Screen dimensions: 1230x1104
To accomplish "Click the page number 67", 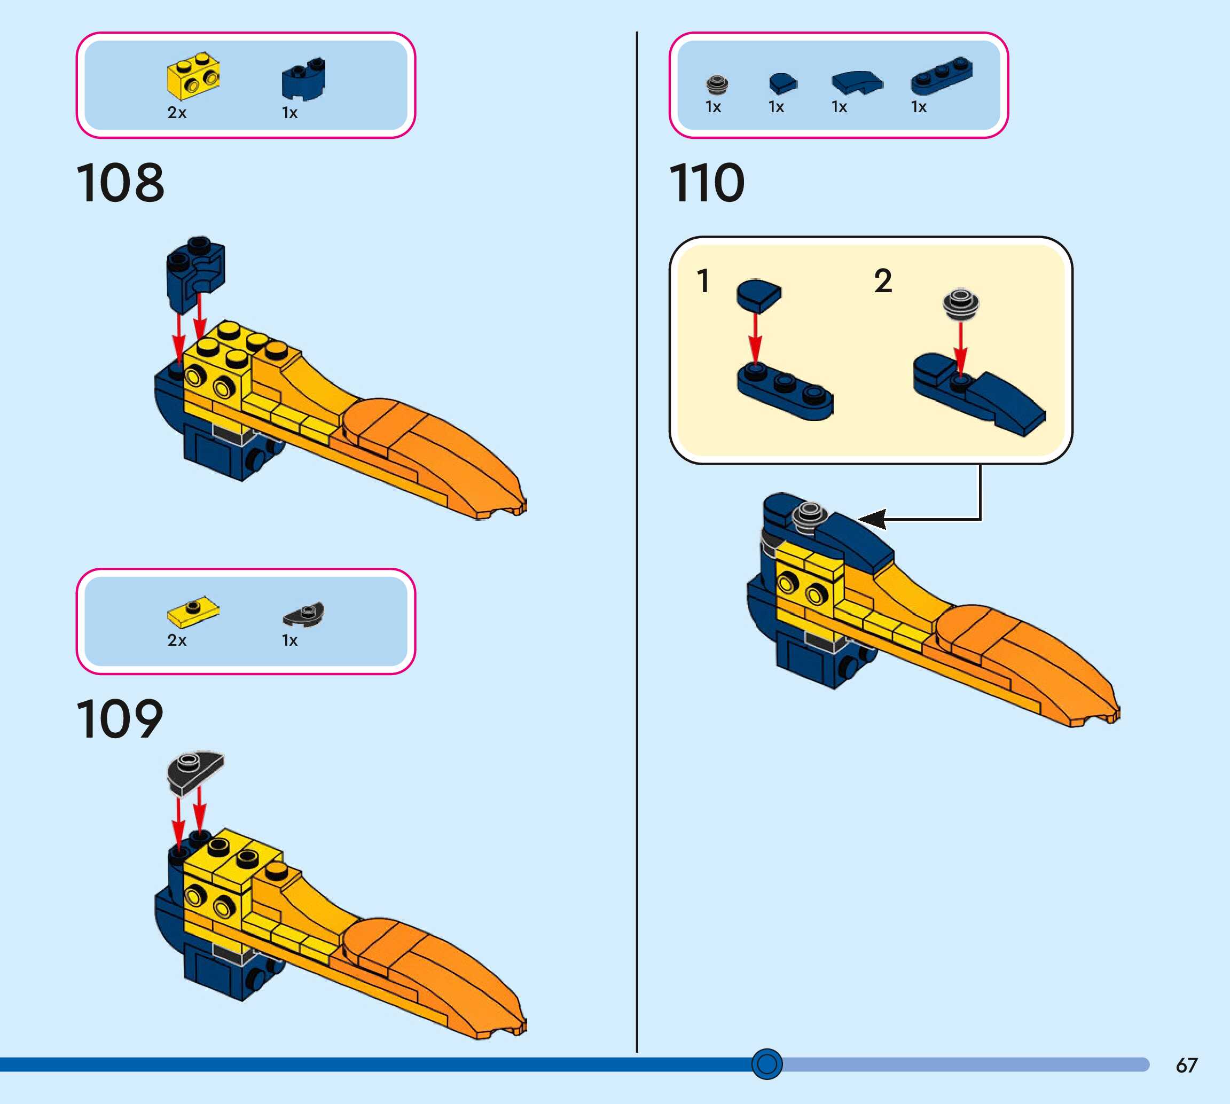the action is (x=1186, y=1066).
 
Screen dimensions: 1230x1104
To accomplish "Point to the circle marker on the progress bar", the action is (x=766, y=1063).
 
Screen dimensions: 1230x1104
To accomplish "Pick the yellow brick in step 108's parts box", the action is (x=193, y=75).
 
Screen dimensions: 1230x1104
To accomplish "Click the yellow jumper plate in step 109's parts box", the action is (x=193, y=611).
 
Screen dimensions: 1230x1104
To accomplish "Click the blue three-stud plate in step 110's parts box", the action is (x=941, y=76).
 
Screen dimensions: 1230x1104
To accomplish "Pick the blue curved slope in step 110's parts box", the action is (x=857, y=81).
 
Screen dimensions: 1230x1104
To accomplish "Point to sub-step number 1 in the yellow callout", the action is (x=703, y=281).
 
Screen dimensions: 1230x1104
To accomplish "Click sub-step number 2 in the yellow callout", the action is (x=883, y=281).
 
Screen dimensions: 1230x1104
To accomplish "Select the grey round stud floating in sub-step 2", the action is (x=961, y=303).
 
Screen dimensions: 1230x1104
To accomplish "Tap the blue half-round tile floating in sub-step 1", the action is (x=759, y=295).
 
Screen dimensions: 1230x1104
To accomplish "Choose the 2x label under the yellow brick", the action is (x=176, y=113).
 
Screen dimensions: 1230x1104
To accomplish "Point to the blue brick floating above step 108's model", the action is (x=195, y=267).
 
